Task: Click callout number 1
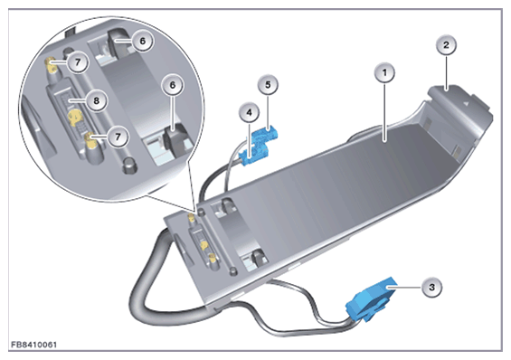384,72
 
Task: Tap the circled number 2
446,45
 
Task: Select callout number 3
432,288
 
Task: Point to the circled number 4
250,113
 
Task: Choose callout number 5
268,85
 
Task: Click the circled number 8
96,100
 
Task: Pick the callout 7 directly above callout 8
78,62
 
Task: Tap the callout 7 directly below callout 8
118,137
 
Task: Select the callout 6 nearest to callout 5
173,85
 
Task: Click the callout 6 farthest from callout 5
142,41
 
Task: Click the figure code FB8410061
33,345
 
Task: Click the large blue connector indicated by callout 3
371,299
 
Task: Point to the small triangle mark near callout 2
466,103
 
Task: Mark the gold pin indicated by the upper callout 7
52,64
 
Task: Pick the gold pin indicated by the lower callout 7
90,141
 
